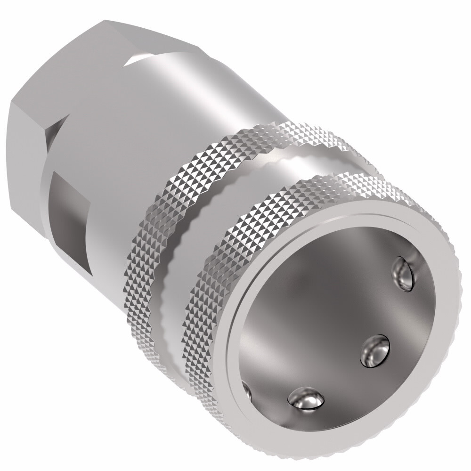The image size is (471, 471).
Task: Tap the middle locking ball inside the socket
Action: point(375,351)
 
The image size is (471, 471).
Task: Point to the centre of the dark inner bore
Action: point(330,320)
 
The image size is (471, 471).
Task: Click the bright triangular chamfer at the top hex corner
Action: point(141,57)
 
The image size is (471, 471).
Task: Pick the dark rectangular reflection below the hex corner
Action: point(66,203)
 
